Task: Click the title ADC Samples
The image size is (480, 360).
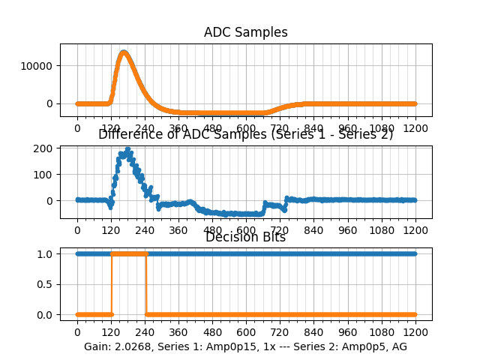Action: (245, 32)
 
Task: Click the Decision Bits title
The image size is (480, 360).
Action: (245, 238)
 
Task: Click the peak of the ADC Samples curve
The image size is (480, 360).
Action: (124, 52)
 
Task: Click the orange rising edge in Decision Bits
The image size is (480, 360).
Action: (112, 284)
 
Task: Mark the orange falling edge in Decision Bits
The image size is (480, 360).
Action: (146, 284)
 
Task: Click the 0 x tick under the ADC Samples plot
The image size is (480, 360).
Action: (77, 128)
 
